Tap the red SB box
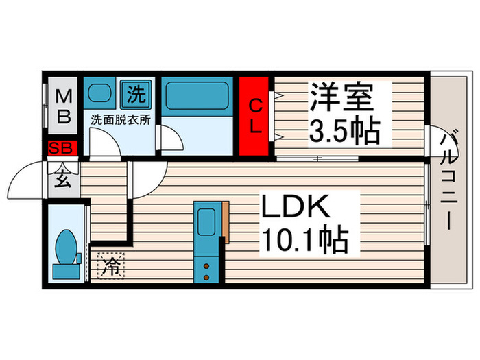pyautogui.click(x=63, y=148)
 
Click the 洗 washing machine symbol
pyautogui.click(x=135, y=92)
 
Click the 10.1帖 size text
pyautogui.click(x=304, y=240)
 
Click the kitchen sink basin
pyautogui.click(x=206, y=221)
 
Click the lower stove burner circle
pyautogui.click(x=205, y=276)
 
